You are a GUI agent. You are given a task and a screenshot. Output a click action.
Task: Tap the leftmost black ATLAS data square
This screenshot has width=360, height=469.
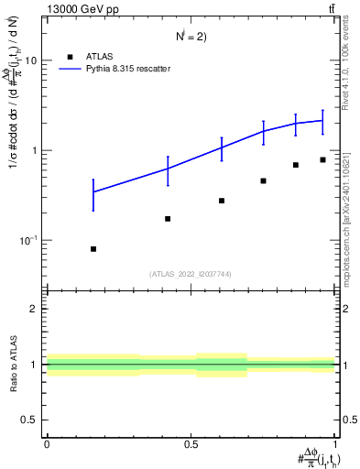(93, 249)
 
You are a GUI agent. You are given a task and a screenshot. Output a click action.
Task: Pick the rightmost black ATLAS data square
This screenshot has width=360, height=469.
(322, 159)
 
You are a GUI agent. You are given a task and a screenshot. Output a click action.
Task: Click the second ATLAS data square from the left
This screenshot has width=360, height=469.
(168, 219)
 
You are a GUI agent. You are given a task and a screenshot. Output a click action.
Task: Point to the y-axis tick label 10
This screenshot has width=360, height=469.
(31, 60)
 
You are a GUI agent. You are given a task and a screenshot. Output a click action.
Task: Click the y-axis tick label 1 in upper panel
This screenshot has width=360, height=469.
(35, 150)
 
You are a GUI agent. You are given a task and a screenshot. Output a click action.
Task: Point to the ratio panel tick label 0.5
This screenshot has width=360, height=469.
(30, 420)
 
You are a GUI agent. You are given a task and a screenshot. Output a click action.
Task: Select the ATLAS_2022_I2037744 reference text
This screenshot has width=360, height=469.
(191, 273)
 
